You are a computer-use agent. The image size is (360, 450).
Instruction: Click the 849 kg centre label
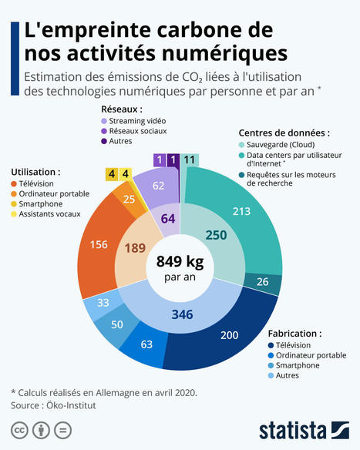coord(180,267)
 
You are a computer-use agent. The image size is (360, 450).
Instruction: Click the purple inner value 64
coord(167,220)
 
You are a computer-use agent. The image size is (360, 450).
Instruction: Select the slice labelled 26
coord(262,281)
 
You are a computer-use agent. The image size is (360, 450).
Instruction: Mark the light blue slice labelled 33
coord(103,302)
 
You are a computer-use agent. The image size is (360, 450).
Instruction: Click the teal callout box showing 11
coord(189,160)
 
